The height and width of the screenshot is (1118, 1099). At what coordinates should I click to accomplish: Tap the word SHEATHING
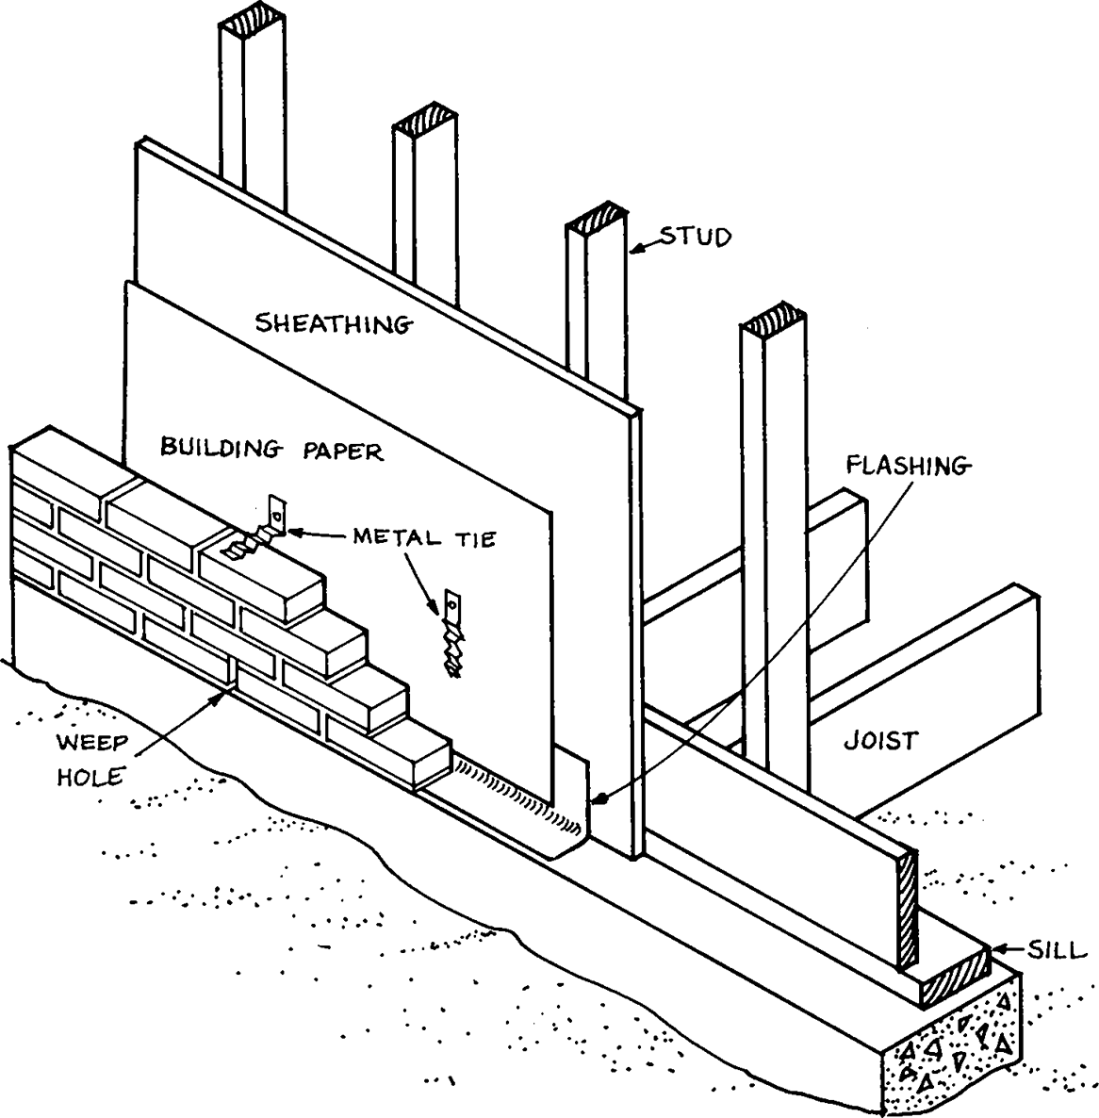coord(334,324)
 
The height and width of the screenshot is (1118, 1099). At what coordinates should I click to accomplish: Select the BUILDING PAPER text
coord(271,450)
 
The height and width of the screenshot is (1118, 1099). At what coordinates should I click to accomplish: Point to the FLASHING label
coord(907,466)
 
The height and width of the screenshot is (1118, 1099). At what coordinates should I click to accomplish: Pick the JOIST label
coord(879,741)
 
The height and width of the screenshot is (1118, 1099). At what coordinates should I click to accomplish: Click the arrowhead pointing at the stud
coord(636,250)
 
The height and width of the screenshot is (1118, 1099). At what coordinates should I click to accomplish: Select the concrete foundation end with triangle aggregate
coord(951,1055)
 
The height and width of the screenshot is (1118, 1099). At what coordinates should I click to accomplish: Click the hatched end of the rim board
coord(908,910)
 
